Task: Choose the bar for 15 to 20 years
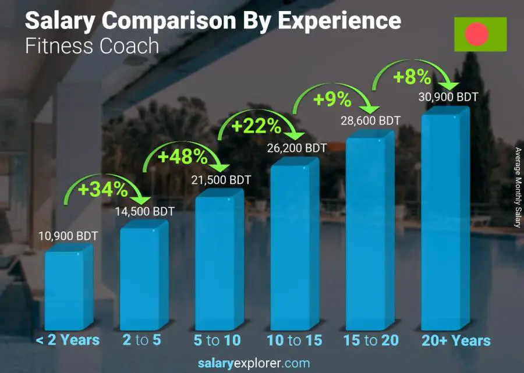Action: point(369,233)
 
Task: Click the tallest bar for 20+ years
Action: point(444,221)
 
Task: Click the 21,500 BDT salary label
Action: point(221,180)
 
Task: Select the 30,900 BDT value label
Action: point(448,97)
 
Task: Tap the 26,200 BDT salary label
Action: point(297,148)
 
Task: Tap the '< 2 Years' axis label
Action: point(68,340)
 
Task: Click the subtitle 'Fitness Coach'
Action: point(92,46)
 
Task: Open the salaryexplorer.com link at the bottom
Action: point(253,363)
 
